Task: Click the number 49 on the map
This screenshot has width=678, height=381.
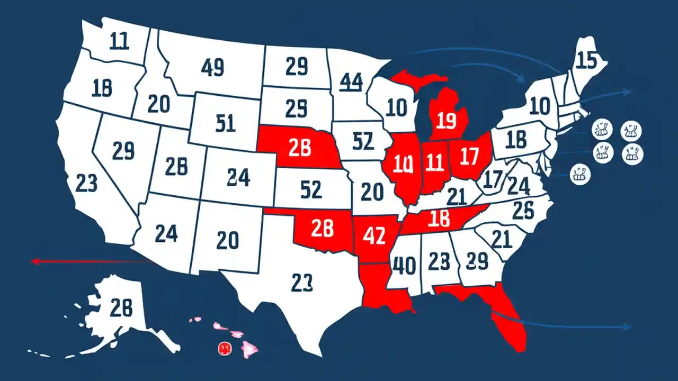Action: (213, 67)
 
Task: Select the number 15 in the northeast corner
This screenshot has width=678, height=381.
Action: (587, 61)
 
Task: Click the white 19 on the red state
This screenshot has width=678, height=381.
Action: (444, 121)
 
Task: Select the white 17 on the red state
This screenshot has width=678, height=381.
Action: (469, 158)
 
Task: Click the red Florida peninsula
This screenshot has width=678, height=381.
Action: (508, 323)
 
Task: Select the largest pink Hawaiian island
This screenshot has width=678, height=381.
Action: (249, 348)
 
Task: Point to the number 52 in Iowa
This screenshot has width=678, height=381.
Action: (363, 141)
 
